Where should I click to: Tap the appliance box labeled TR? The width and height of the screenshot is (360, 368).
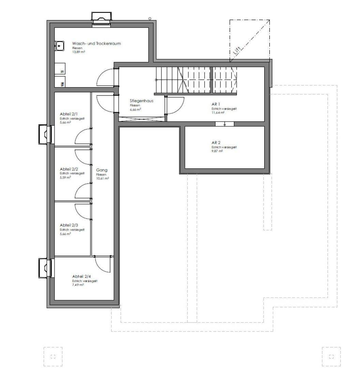coord(62,72)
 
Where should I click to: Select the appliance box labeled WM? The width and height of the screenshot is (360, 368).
coord(62,83)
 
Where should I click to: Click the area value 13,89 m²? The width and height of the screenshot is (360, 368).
coord(78,52)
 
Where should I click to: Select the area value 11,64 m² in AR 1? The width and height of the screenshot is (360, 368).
coord(218,112)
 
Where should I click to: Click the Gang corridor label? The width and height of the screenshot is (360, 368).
coord(102,170)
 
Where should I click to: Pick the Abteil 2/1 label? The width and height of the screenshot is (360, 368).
coord(69,114)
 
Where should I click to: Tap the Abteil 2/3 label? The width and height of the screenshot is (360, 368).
coord(69,225)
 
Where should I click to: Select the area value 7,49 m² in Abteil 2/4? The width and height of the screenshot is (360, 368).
coord(78,285)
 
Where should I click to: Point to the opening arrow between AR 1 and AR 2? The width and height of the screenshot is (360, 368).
coord(225,125)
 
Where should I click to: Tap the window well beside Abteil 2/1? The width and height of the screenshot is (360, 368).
coord(44,135)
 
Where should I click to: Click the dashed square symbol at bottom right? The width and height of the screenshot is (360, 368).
coord(331,356)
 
